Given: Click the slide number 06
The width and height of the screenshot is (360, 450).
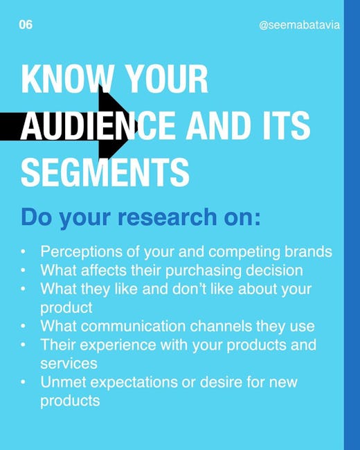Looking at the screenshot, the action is tap(26, 25).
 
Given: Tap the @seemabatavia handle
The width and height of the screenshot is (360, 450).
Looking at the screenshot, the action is tap(299, 25).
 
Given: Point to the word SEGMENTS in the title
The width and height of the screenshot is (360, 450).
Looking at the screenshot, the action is tap(105, 173).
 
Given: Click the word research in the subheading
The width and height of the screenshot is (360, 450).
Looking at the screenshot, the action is tap(167, 217).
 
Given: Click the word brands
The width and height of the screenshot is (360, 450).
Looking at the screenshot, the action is tap(308, 251).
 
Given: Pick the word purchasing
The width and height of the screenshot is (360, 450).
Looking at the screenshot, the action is tap(204, 271).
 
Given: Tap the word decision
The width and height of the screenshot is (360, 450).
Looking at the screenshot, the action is tap(274, 270).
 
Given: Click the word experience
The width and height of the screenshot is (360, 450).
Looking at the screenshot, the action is tap(118, 345).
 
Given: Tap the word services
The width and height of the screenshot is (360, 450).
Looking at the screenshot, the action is tap(69, 363).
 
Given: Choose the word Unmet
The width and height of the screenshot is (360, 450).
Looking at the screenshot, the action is tap(63, 382).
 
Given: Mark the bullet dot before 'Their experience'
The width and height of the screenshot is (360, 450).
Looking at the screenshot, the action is tap(24, 344).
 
